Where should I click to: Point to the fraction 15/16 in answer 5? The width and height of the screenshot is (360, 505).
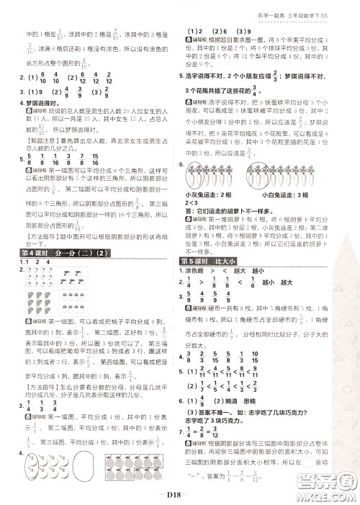[109, 164]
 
